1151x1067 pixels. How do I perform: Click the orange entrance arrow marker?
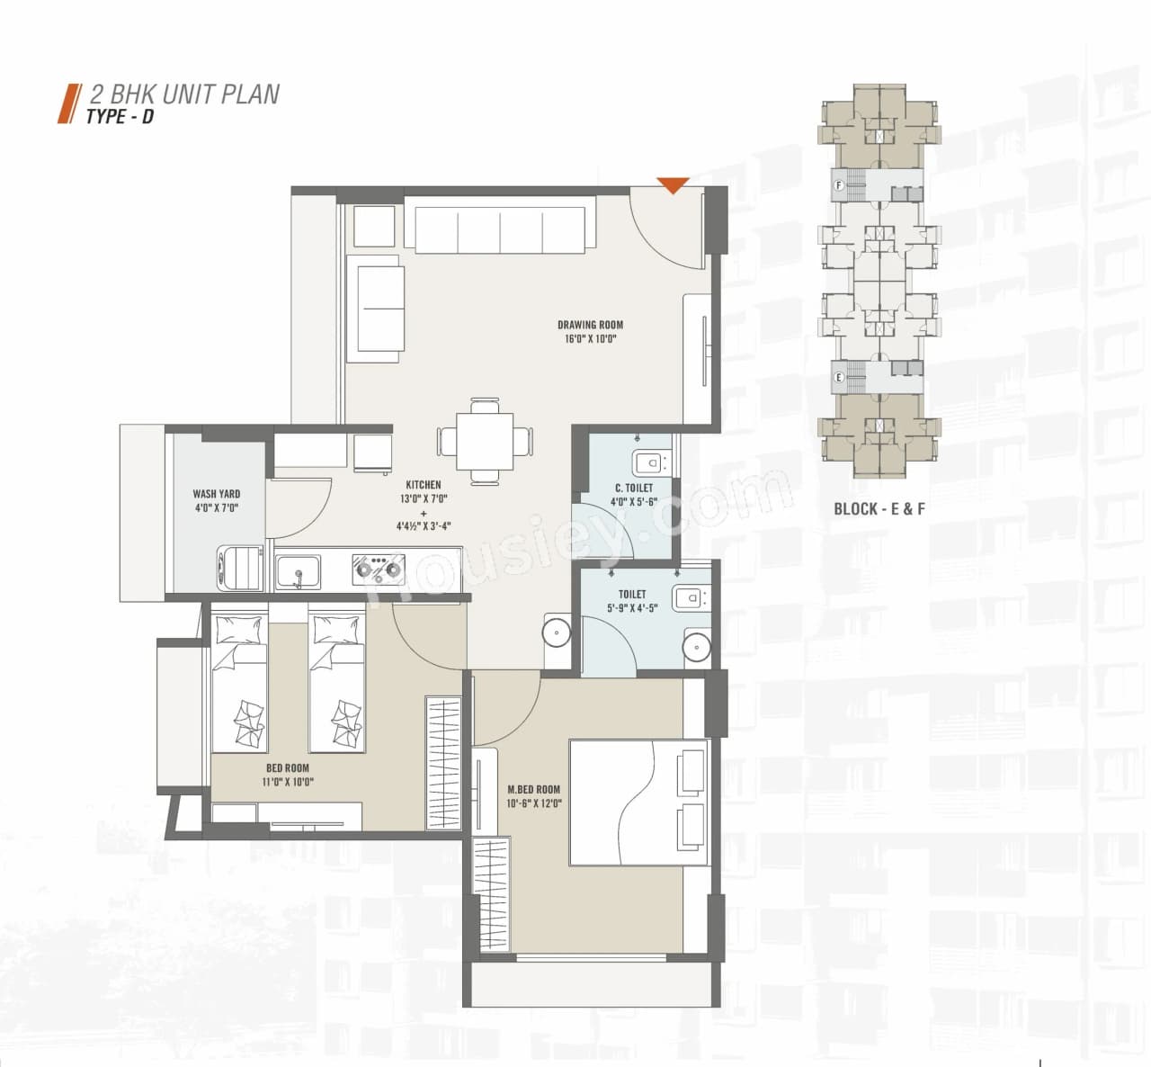[x=673, y=186]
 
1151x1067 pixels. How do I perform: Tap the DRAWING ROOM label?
[x=590, y=326]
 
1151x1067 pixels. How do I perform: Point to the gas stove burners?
[x=377, y=569]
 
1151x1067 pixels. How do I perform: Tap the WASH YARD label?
[x=217, y=494]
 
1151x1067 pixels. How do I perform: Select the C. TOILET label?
[x=632, y=489]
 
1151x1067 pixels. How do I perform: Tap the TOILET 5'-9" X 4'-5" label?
[x=632, y=595]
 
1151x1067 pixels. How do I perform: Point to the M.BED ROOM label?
[x=533, y=790]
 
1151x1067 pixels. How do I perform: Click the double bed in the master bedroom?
[x=639, y=802]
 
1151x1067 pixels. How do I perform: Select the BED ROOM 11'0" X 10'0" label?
[x=288, y=768]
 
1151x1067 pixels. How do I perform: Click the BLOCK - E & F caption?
[x=879, y=509]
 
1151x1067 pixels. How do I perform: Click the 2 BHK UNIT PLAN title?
[x=185, y=94]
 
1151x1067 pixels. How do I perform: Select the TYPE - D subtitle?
[x=120, y=117]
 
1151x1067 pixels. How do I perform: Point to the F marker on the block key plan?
[x=839, y=185]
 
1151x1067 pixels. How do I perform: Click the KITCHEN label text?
[x=423, y=485]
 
